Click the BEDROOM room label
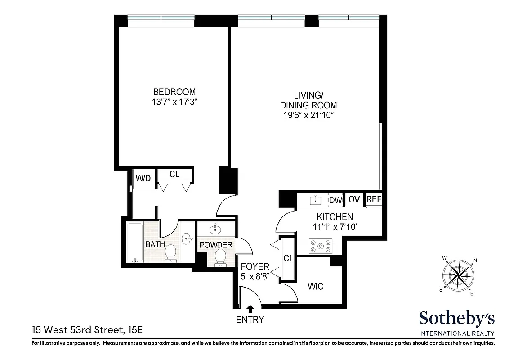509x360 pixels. click(x=174, y=91)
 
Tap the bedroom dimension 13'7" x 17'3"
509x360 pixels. click(x=174, y=102)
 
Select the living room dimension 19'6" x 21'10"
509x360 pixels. click(x=308, y=116)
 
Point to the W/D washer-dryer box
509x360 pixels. click(x=143, y=179)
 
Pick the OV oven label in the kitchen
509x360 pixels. click(x=354, y=199)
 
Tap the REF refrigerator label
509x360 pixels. click(x=374, y=199)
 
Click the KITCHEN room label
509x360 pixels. click(x=335, y=217)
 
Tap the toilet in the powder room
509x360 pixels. click(x=220, y=257)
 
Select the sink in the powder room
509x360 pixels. click(x=216, y=229)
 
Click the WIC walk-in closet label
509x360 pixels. click(x=315, y=286)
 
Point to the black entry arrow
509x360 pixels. click(x=250, y=309)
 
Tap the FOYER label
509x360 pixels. click(x=255, y=267)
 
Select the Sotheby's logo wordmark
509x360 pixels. click(x=457, y=319)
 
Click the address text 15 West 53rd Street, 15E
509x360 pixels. click(x=87, y=330)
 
